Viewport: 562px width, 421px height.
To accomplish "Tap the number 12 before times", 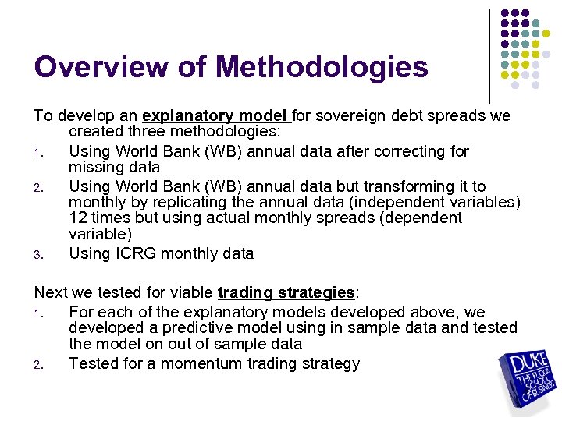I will tap(77, 218).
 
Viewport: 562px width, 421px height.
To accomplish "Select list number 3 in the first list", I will tap(37, 254).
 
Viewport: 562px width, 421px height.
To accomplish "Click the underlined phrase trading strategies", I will tap(286, 293).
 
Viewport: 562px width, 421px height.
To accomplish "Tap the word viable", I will tap(192, 293).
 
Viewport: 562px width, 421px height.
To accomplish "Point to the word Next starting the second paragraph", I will tap(51, 293).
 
